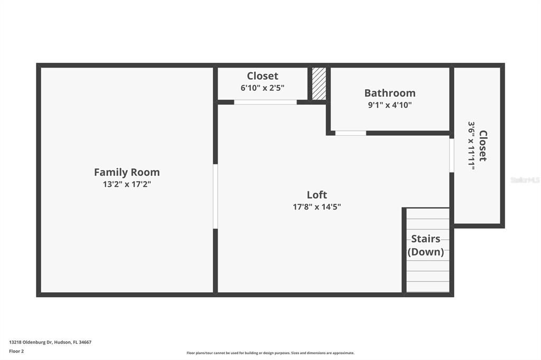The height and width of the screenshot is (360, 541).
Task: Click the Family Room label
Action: click(127, 172)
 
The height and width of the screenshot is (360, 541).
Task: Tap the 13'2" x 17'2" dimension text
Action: click(127, 184)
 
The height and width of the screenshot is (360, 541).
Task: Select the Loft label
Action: click(317, 195)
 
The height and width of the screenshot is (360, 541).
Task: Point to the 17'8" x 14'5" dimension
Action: click(317, 207)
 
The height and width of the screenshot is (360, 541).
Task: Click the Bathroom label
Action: click(390, 93)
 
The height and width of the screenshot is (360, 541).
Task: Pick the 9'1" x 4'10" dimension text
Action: click(390, 105)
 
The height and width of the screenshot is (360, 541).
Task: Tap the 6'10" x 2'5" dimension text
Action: click(263, 88)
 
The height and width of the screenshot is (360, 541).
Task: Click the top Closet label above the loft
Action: click(263, 76)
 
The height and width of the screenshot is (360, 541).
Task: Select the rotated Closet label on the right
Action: click(483, 146)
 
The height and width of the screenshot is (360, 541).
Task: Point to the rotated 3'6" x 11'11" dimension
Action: click(471, 146)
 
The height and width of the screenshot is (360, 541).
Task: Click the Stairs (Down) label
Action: click(426, 245)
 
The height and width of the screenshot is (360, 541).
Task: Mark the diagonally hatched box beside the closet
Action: click(319, 83)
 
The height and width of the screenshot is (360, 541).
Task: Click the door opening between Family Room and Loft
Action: click(215, 196)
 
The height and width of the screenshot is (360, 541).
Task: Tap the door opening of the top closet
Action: click(265, 102)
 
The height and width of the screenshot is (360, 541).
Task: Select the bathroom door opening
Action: click(350, 133)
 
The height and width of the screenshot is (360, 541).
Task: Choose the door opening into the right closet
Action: click(452, 155)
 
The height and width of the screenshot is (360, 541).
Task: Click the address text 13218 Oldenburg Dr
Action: click(50, 342)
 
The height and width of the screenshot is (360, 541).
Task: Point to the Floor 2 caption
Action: click(16, 351)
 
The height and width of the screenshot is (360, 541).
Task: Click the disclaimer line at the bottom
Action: click(270, 353)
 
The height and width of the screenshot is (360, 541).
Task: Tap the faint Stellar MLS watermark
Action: click(525, 180)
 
